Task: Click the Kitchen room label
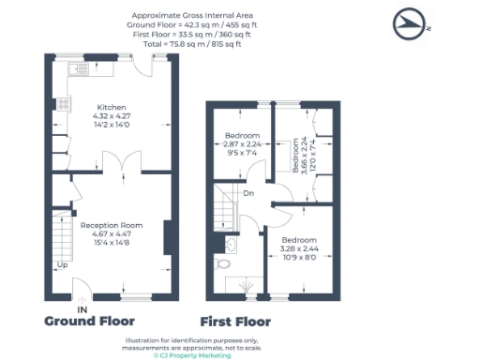112,107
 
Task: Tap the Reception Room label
112,225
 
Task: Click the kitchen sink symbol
79,69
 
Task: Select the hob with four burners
64,104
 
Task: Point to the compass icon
409,23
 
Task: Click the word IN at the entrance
82,310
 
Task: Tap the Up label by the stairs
62,265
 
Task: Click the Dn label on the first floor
248,193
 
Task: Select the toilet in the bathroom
222,263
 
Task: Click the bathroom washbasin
231,245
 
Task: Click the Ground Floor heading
89,322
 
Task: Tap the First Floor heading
235,322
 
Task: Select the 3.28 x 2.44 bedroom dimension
299,248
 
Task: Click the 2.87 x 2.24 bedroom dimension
242,144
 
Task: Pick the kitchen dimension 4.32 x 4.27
112,116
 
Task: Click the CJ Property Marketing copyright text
192,355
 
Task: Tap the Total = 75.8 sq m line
192,44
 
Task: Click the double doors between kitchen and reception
122,161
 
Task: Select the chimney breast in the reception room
168,238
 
